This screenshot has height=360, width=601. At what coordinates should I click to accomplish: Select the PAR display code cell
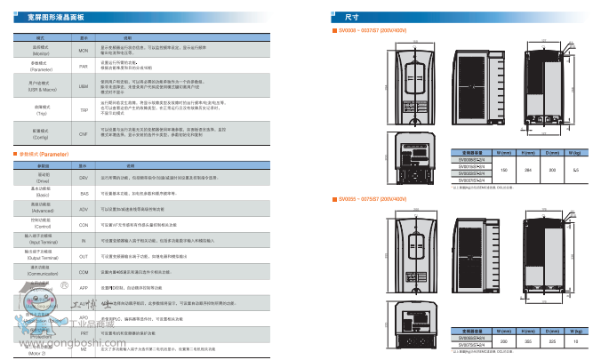point(84,66)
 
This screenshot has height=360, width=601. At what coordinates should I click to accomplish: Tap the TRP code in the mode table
point(84,109)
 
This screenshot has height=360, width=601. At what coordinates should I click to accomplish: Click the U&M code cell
point(84,87)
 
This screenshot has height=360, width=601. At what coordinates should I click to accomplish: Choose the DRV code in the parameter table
point(84,178)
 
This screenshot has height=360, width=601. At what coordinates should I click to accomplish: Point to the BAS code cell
point(84,193)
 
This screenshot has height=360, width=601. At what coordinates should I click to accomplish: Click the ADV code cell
point(84,209)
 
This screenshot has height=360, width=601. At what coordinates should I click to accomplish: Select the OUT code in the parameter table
point(84,257)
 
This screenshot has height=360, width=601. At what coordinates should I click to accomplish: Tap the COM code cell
point(84,273)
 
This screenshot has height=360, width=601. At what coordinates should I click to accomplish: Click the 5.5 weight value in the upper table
point(576,168)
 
